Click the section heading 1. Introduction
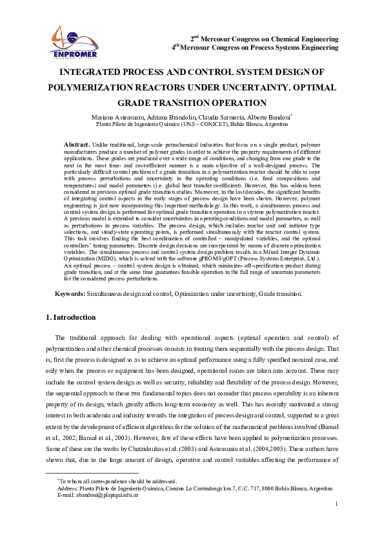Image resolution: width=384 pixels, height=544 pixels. click(72, 317)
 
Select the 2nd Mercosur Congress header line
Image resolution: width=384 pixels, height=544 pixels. click(265, 39)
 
